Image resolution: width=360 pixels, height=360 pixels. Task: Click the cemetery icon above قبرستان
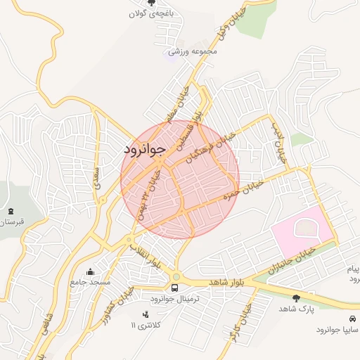tap(11, 210)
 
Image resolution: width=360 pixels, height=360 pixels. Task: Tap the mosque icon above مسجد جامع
tap(90, 271)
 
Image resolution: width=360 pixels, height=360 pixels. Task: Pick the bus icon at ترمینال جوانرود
tap(175, 288)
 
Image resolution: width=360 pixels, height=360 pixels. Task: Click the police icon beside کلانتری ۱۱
tap(146, 314)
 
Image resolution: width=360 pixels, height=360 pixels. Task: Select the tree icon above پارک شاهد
tap(295, 298)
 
